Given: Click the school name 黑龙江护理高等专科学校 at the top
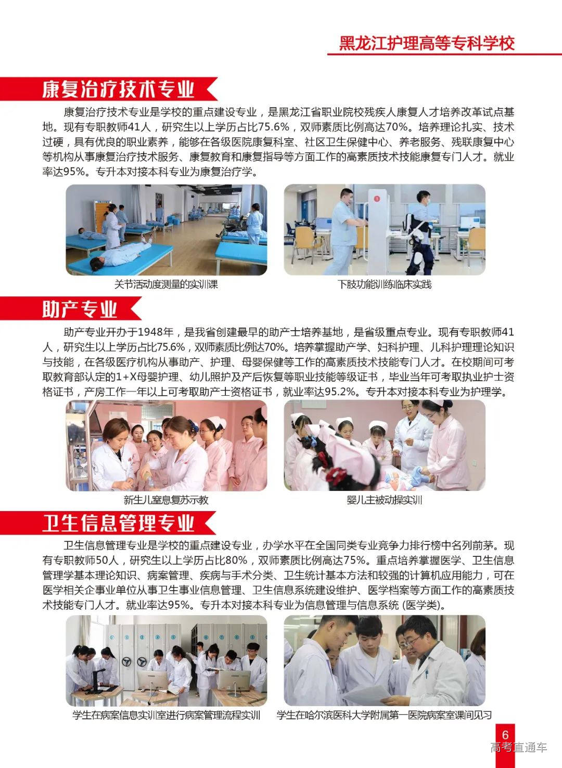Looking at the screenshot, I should point(427,43).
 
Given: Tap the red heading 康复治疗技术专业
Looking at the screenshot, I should point(118,89).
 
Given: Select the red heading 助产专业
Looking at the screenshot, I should point(80,309).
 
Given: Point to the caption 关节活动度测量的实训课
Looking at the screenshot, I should point(166,284).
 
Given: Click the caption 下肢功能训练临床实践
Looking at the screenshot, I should point(385,284).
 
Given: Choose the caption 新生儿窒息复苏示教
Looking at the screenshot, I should point(166,500).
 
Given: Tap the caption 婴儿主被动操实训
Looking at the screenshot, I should point(385,500).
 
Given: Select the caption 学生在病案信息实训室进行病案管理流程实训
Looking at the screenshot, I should point(166,715).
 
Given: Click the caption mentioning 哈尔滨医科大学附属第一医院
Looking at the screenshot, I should point(385,715).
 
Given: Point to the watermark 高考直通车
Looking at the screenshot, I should point(518,748).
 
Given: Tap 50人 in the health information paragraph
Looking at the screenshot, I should point(108,561).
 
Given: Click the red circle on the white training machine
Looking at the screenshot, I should point(376,197).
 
